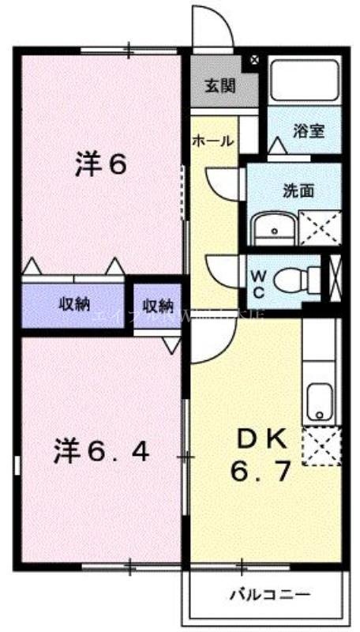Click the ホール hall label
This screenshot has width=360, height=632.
click(x=213, y=141)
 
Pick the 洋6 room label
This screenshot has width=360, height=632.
click(x=101, y=165)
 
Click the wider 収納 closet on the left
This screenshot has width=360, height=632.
click(x=74, y=304)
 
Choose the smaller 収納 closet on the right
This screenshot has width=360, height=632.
click(x=158, y=305)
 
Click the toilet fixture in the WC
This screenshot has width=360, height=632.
click(x=302, y=278)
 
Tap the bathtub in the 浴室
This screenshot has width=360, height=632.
click(x=304, y=81)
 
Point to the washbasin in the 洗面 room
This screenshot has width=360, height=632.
click(x=273, y=229)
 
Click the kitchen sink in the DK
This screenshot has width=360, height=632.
click(x=321, y=402)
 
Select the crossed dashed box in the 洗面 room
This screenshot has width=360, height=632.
click(x=321, y=228)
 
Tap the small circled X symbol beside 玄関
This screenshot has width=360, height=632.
click(x=255, y=59)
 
